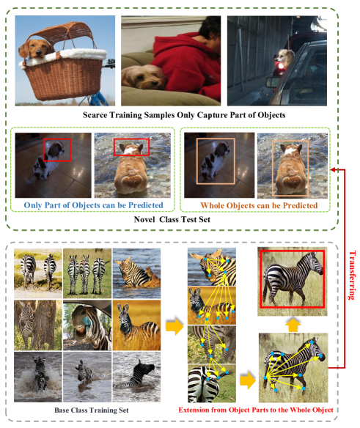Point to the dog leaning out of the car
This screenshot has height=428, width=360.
click(x=284, y=58)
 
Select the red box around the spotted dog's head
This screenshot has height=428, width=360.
click(x=56, y=150)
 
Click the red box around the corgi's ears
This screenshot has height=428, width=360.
click(x=132, y=147)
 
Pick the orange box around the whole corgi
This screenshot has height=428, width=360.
click(x=290, y=168)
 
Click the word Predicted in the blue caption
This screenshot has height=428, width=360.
click(x=146, y=205)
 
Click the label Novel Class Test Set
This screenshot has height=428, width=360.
click(x=172, y=220)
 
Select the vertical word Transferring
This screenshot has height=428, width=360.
click(x=352, y=275)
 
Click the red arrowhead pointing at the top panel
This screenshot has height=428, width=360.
click(x=333, y=170)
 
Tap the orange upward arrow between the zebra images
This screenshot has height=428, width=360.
click(x=293, y=325)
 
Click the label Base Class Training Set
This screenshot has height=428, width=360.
click(x=92, y=410)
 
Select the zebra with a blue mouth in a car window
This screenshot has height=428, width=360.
click(x=87, y=325)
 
